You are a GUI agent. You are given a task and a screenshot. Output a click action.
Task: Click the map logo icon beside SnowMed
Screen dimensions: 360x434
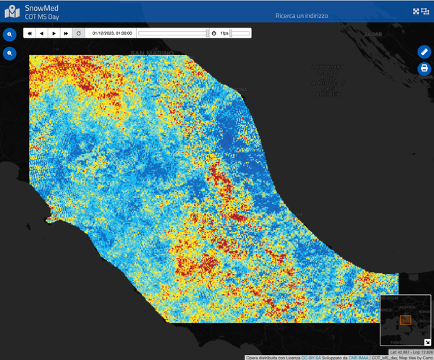point(12,12)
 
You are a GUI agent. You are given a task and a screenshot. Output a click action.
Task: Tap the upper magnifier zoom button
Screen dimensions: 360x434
point(10,35)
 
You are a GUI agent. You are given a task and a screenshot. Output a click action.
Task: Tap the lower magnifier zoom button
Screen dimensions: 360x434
point(10,53)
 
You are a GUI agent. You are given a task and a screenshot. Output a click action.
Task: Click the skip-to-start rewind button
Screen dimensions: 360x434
point(30,33)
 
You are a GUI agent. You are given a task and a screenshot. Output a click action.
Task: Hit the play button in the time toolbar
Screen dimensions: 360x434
point(54,33)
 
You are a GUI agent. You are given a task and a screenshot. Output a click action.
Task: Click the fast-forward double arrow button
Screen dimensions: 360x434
point(66,33)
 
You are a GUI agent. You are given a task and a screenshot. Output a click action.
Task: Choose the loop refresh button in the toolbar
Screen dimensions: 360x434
point(78,33)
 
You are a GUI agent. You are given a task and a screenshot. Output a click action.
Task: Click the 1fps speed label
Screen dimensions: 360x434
point(224,33)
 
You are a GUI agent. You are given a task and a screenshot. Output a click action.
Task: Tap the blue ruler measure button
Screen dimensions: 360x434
point(425,51)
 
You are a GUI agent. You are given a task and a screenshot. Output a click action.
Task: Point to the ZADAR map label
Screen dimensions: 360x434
point(373,34)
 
